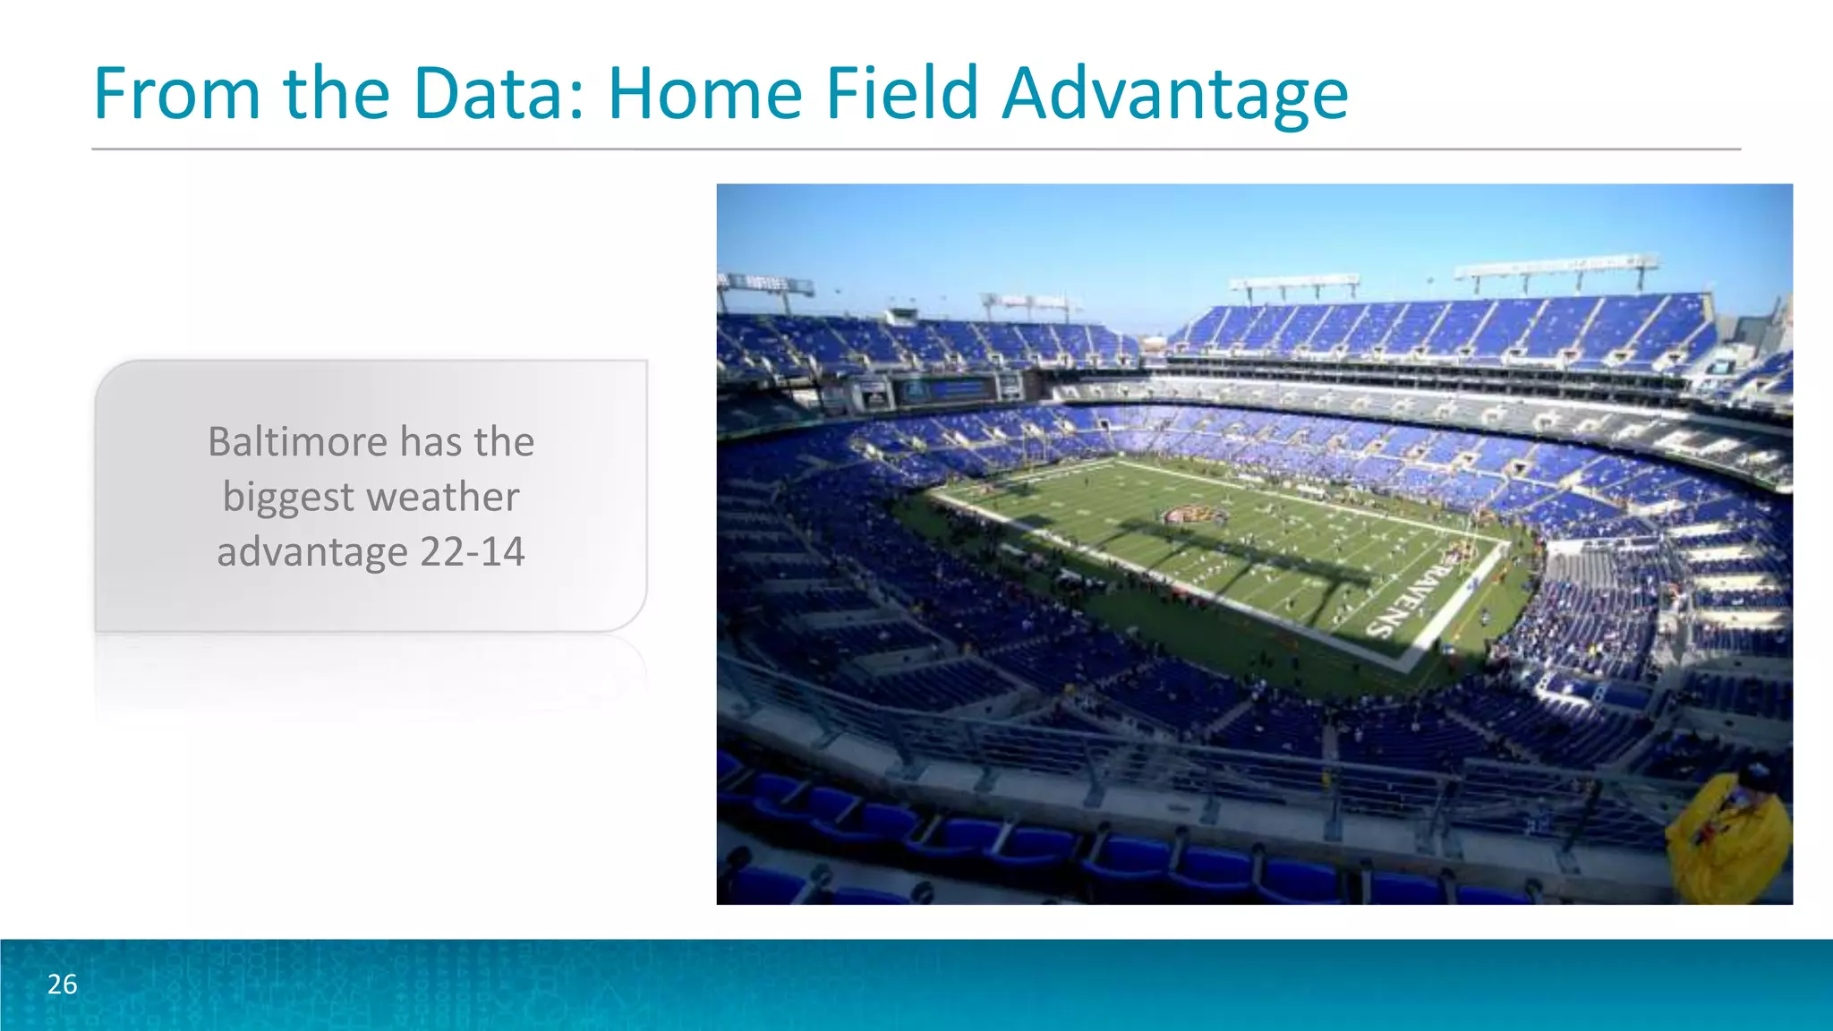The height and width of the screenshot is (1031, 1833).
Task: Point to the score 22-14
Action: point(472,551)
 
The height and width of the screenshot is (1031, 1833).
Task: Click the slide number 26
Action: point(63,984)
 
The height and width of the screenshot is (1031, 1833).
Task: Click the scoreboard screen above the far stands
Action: point(947,390)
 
